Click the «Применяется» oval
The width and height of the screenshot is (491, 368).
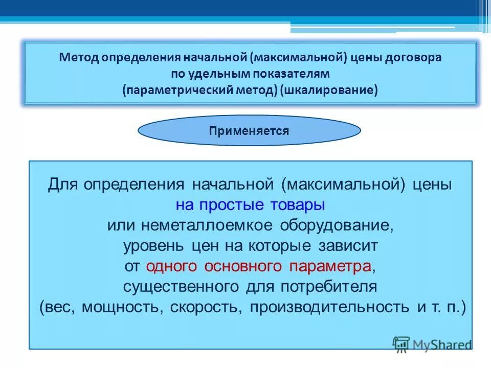pos(249,131)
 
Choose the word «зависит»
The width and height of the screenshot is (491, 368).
pos(346,246)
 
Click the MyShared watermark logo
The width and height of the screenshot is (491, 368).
pos(432,344)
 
